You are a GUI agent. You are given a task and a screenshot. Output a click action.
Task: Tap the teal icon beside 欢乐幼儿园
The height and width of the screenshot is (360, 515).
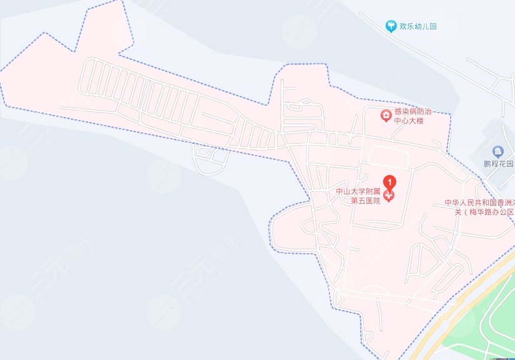pos(391,26)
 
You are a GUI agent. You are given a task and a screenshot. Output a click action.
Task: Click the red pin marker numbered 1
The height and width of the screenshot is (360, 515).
pos(389,182)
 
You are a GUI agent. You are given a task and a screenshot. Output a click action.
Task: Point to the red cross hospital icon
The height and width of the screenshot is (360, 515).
pos(389,196)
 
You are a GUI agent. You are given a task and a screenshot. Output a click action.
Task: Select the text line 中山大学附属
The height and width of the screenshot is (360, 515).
pos(359,192)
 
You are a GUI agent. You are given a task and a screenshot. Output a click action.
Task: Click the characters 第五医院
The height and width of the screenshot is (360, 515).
pos(366,201)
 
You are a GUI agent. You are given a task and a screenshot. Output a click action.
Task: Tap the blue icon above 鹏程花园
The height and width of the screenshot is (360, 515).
pos(497,151)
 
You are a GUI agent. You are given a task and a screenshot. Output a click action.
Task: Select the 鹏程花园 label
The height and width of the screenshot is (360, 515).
pos(498,164)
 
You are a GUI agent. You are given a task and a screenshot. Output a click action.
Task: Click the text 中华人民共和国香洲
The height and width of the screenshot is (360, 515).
pos(479,203)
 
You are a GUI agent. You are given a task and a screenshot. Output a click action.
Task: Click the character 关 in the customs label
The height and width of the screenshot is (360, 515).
pos(458,212)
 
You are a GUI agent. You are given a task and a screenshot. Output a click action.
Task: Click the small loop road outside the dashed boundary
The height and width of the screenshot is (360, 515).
pos(210,160)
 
